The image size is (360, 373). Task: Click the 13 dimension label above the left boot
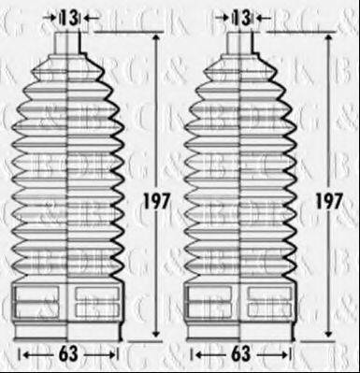(69, 16)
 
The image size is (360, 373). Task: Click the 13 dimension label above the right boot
(243, 16)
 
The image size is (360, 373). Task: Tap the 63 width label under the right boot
(242, 355)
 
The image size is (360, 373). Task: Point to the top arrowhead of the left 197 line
(155, 36)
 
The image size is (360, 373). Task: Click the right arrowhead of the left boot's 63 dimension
(116, 355)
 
